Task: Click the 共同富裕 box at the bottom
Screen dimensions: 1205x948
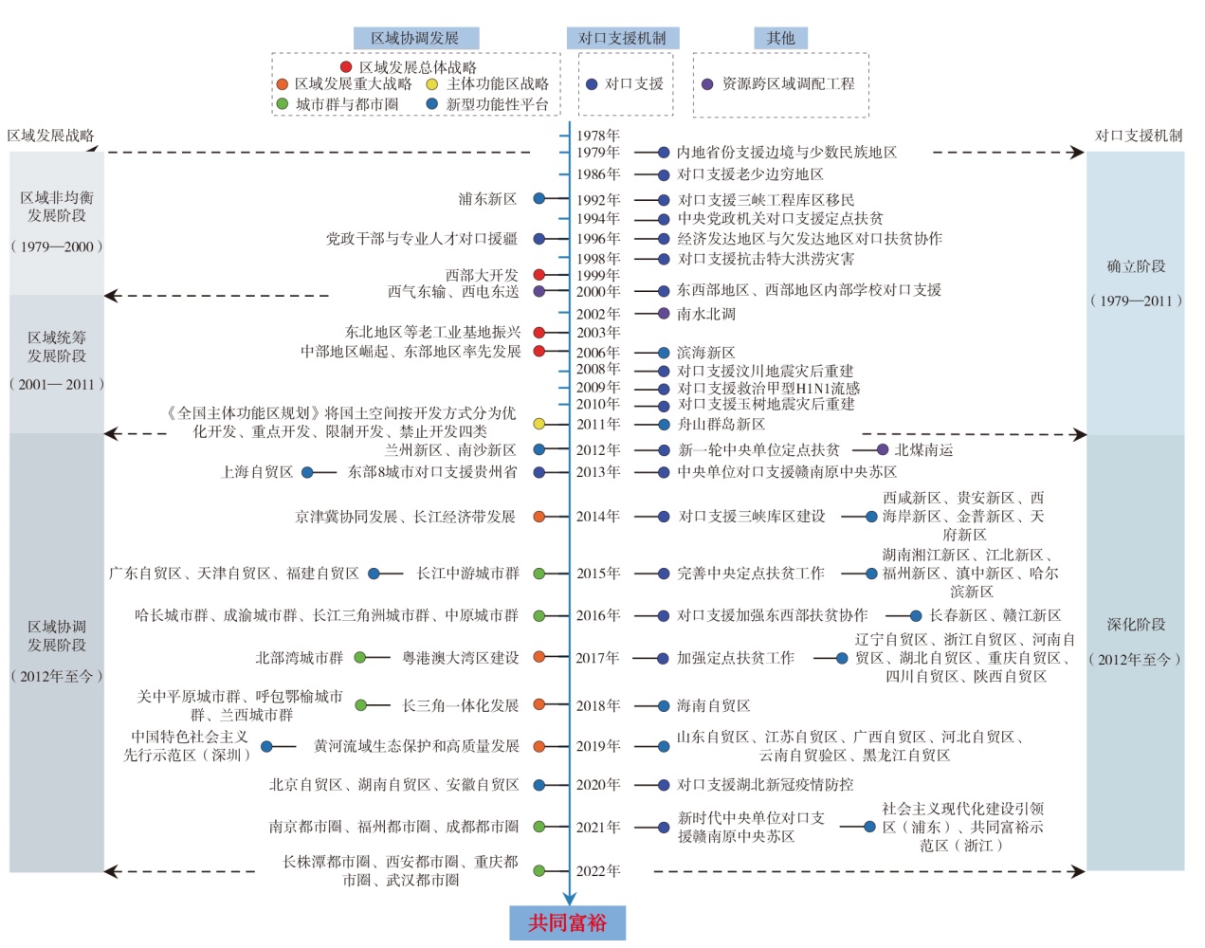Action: (567, 922)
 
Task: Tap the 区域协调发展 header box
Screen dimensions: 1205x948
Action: (416, 38)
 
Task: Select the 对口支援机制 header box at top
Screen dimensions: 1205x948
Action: (623, 38)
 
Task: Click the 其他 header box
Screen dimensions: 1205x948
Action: (780, 38)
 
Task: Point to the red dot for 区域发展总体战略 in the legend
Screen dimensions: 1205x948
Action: (346, 67)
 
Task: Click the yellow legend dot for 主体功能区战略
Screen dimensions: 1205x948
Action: (431, 84)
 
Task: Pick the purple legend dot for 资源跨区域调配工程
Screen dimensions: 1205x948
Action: (707, 84)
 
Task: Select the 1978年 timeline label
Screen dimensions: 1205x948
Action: (598, 136)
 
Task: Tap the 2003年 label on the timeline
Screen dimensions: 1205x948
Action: (598, 333)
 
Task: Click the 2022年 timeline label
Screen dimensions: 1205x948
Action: (598, 870)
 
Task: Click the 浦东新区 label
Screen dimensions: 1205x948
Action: (487, 199)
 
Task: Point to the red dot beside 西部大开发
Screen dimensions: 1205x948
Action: (539, 274)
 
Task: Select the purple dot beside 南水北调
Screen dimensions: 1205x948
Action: (664, 314)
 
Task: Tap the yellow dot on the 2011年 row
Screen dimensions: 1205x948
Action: (539, 424)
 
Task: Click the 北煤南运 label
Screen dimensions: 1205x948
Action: (923, 449)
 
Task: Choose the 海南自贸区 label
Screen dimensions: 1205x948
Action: (713, 705)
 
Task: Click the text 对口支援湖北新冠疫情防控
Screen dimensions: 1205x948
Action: (765, 785)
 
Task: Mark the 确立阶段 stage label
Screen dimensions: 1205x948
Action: (1136, 266)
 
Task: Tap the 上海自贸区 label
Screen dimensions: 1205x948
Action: (257, 472)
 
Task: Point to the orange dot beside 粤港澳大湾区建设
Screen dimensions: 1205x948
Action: (539, 657)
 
